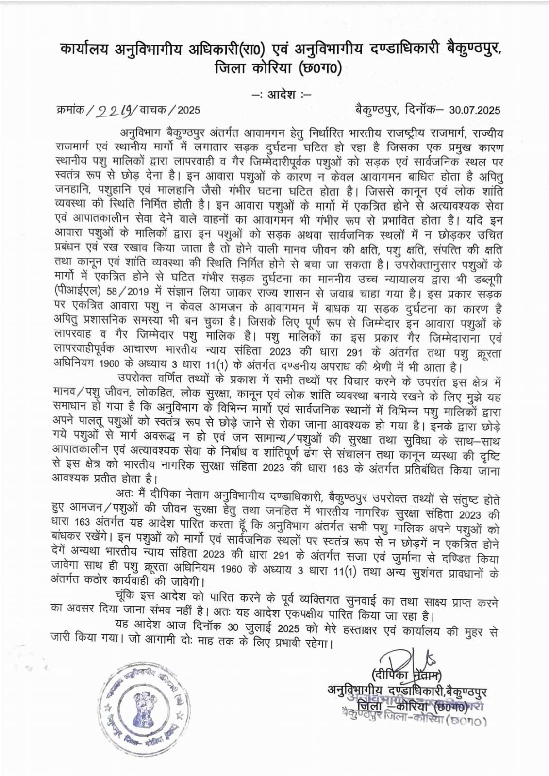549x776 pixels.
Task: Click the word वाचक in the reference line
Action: click(x=153, y=110)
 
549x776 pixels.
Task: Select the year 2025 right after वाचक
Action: click(x=188, y=110)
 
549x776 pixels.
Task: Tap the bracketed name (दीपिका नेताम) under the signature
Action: click(x=406, y=674)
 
